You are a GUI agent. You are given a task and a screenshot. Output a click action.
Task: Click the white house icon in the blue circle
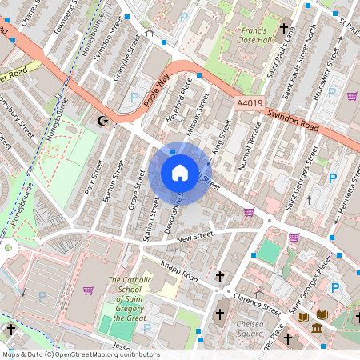click(x=180, y=173)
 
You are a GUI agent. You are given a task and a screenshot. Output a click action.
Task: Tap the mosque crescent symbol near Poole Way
click(x=102, y=121)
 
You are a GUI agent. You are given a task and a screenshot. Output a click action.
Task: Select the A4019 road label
click(x=250, y=102)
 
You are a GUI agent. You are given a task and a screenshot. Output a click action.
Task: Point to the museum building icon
click(x=318, y=330)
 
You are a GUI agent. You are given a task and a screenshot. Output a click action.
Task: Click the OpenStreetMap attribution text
click(x=80, y=354)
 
